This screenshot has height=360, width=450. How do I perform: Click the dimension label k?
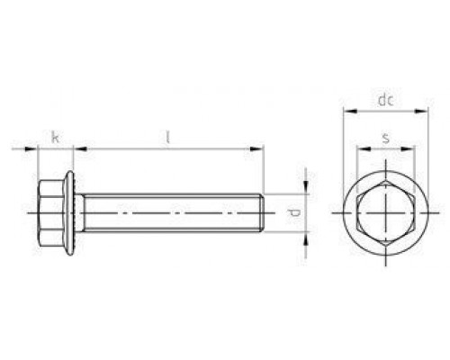point(55,138)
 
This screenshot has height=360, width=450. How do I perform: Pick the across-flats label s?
point(384,137)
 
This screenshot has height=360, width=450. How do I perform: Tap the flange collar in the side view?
point(73,214)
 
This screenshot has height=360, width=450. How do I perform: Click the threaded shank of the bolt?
point(171,214)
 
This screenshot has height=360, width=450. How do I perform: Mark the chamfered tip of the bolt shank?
point(261,214)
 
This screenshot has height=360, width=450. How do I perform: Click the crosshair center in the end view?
point(384,213)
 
